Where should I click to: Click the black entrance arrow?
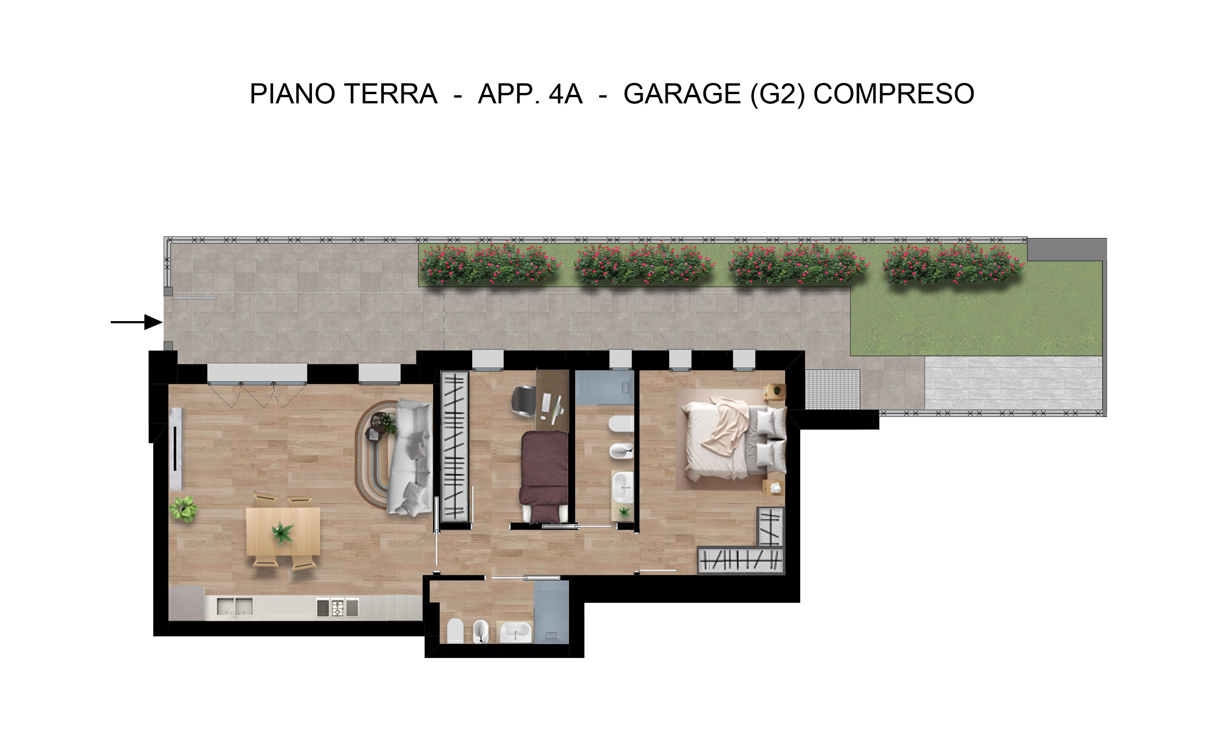point(136,322)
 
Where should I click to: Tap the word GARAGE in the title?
point(682,94)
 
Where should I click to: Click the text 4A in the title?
point(566,94)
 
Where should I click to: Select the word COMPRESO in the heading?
point(894,94)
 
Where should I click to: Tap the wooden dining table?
point(283,531)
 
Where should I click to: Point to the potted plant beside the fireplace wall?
point(184,509)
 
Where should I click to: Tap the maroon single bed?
point(544,476)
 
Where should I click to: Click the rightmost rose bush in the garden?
point(953,263)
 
